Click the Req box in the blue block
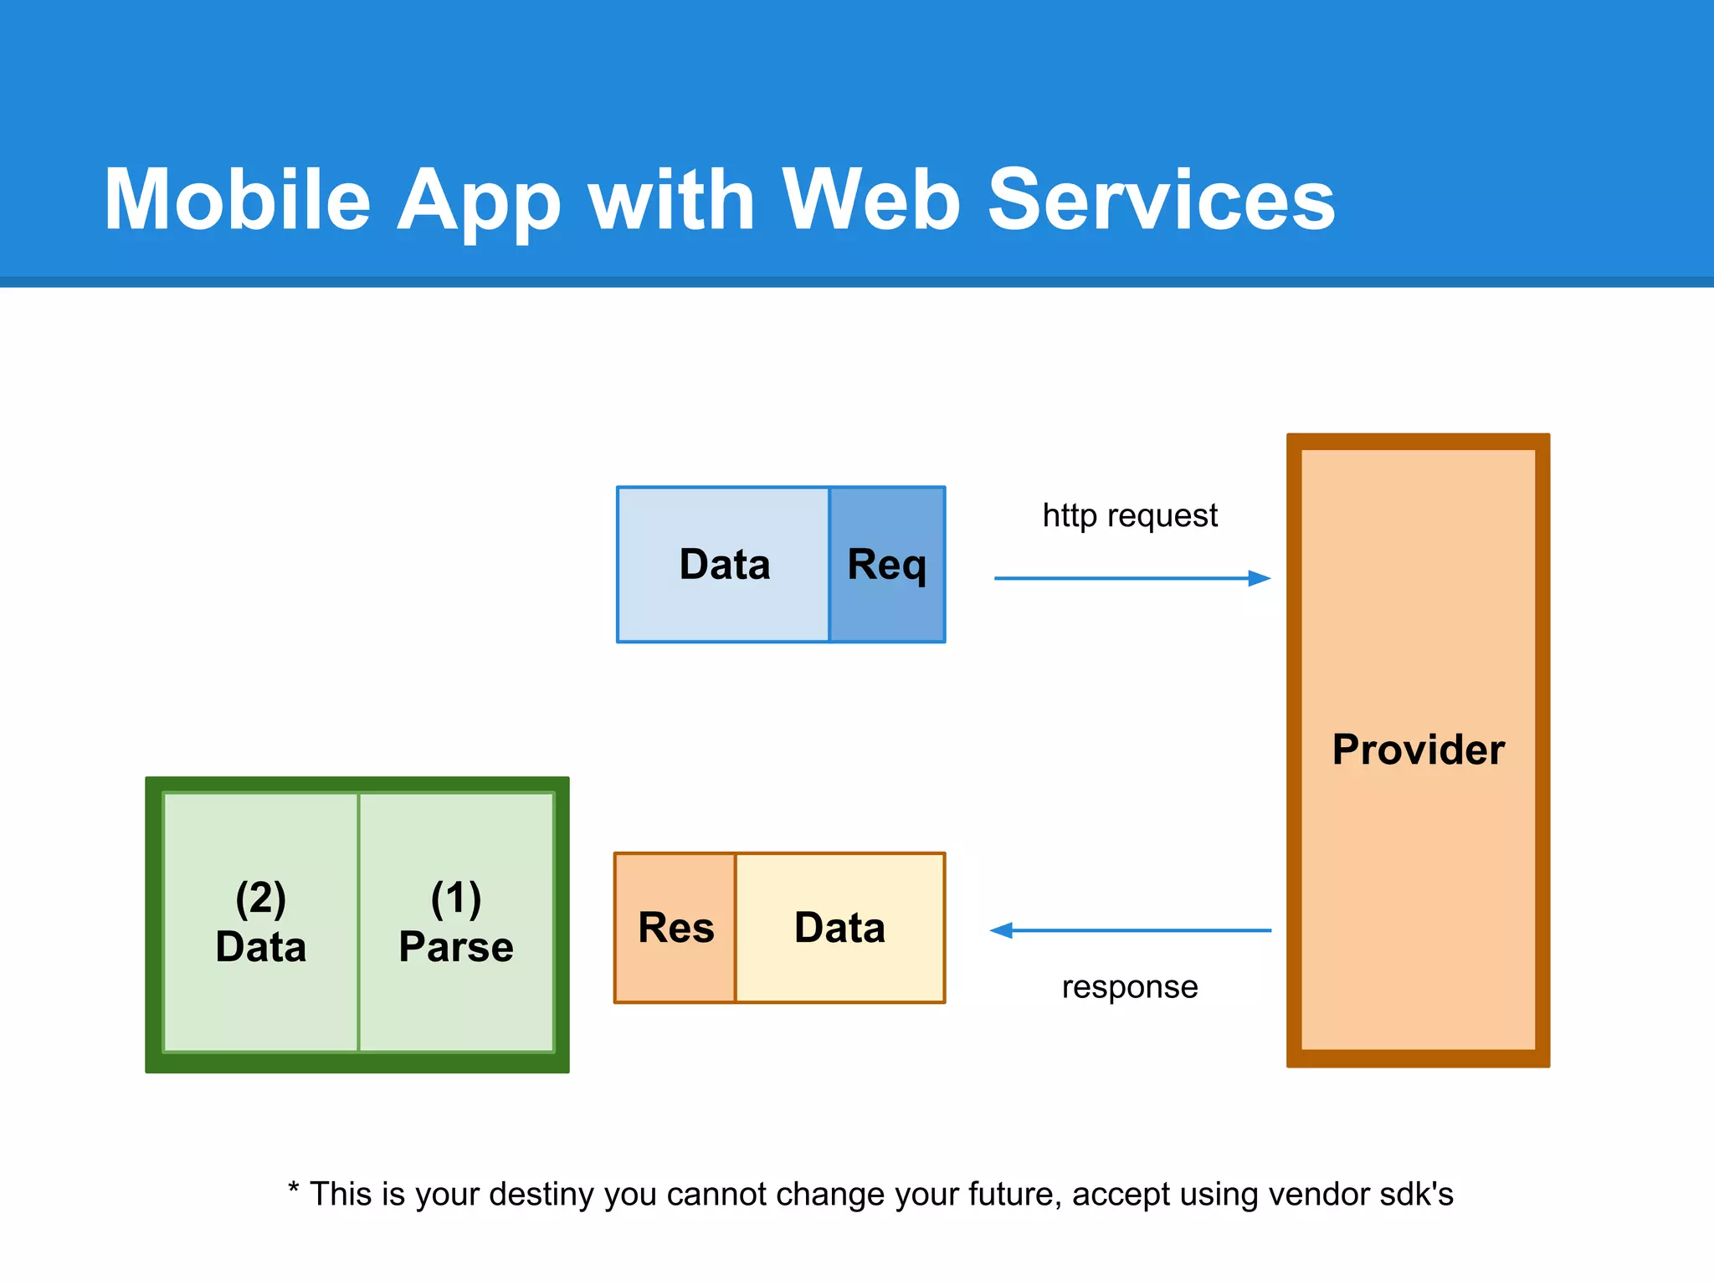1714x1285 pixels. (x=887, y=565)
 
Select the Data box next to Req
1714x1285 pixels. (x=724, y=565)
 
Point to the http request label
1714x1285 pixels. (x=1130, y=515)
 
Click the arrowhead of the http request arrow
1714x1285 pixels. (x=1260, y=578)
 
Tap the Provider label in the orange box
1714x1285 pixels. (x=1418, y=750)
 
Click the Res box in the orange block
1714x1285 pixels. (x=675, y=928)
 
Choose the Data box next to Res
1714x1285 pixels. (x=839, y=928)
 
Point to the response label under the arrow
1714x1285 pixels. (x=1130, y=987)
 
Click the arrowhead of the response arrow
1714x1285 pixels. (x=1002, y=930)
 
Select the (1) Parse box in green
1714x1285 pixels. (x=456, y=922)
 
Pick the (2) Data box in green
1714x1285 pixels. (x=261, y=922)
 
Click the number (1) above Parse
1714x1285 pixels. (x=456, y=898)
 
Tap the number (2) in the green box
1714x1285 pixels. (x=261, y=898)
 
